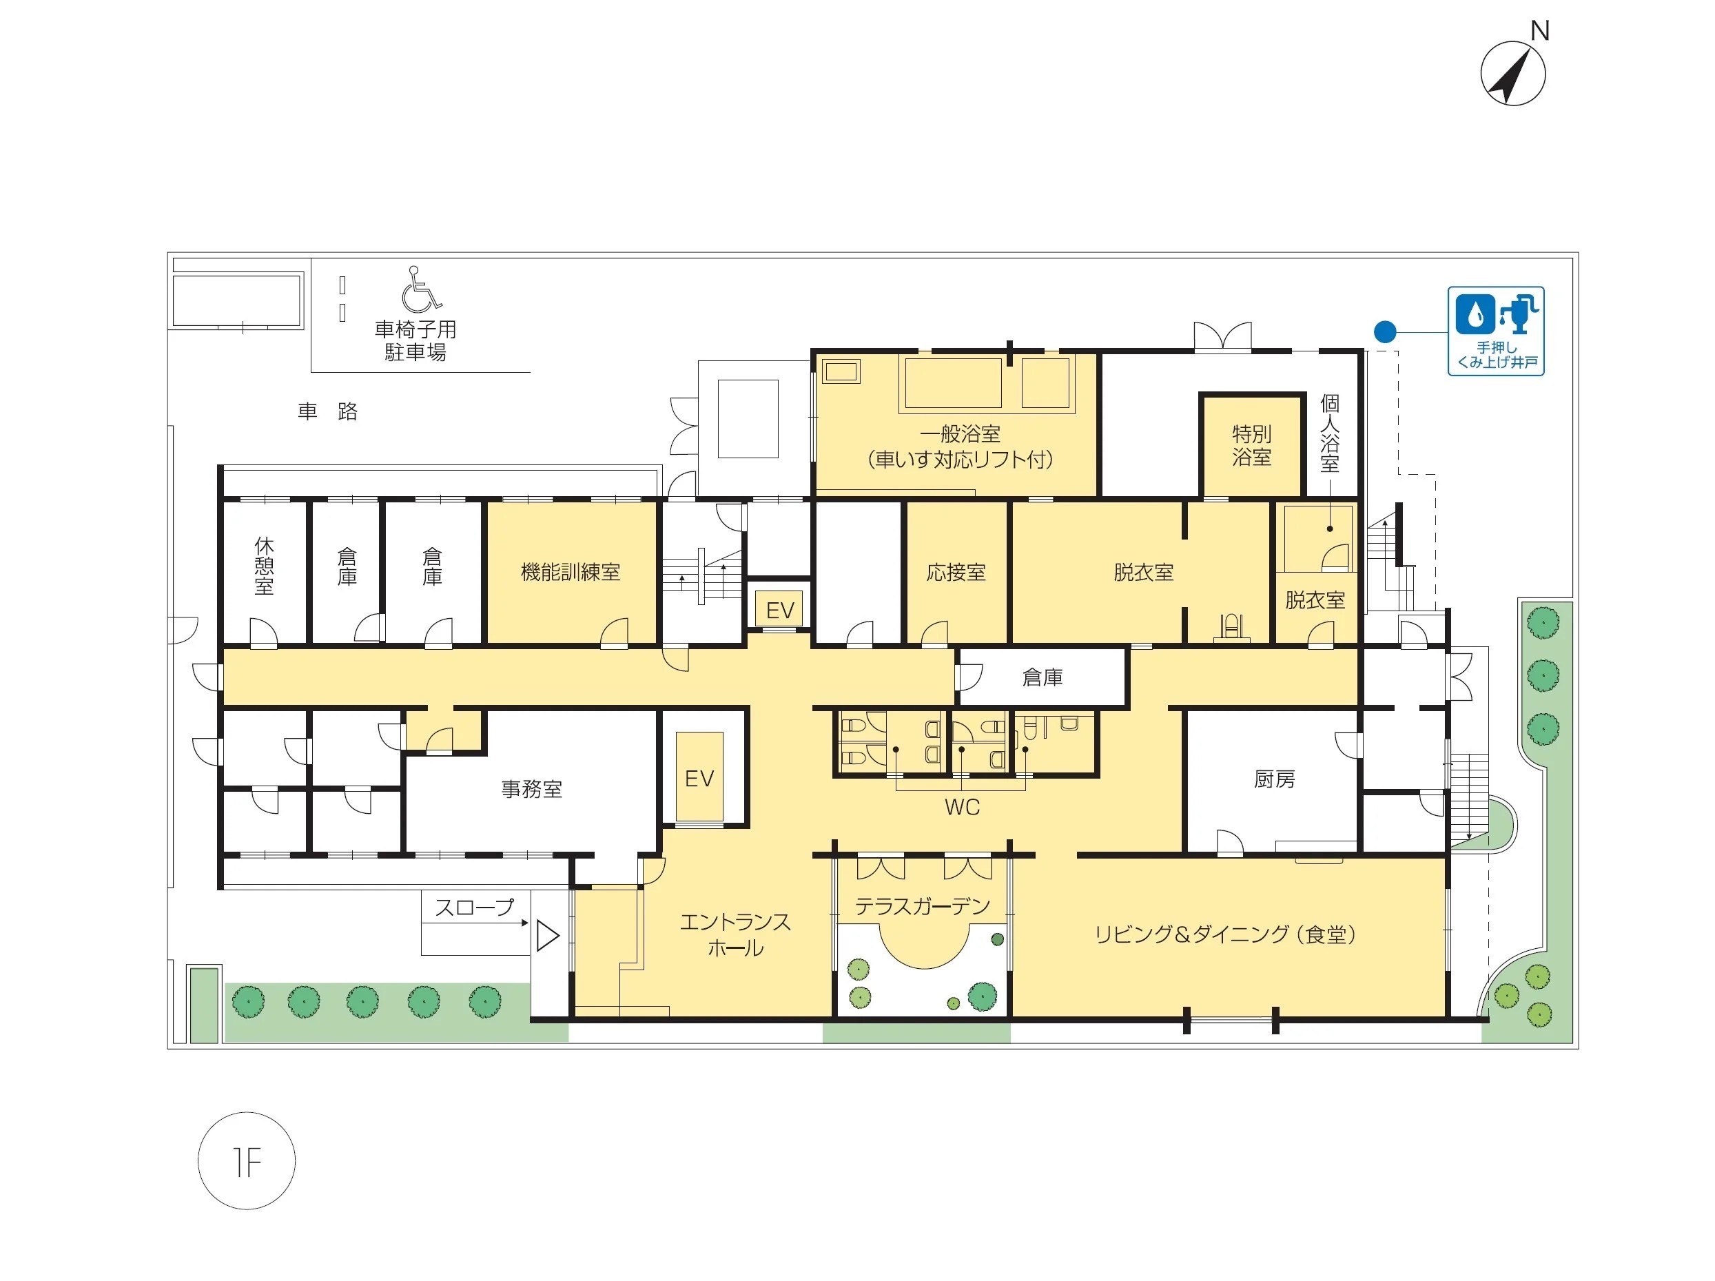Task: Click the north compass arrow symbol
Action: [1512, 74]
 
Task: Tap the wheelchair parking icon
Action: [421, 289]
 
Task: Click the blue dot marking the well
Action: [1385, 332]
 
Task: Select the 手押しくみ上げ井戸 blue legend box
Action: [1496, 331]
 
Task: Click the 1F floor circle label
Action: [247, 1161]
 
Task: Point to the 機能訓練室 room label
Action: [571, 572]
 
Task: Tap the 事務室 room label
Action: [532, 790]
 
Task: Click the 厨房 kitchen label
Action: [1275, 779]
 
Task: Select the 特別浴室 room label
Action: [1251, 445]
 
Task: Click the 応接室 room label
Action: [956, 572]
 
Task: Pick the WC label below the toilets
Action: [962, 807]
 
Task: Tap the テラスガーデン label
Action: [923, 905]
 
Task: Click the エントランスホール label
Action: [735, 934]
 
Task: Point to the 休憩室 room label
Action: [265, 566]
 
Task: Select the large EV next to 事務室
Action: [699, 778]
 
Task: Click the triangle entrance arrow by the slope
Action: [547, 935]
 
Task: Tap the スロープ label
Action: [475, 906]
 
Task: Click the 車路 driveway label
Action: [327, 411]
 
